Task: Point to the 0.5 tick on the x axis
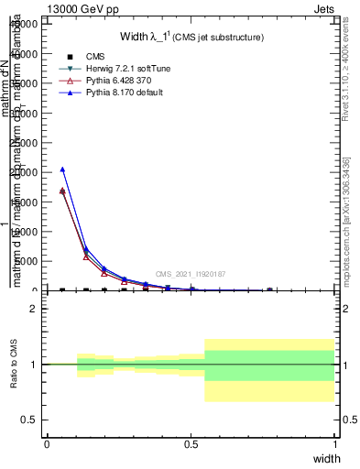(191, 443)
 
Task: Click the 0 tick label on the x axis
(47, 443)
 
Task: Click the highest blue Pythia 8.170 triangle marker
(62, 169)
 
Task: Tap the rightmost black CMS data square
(269, 289)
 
